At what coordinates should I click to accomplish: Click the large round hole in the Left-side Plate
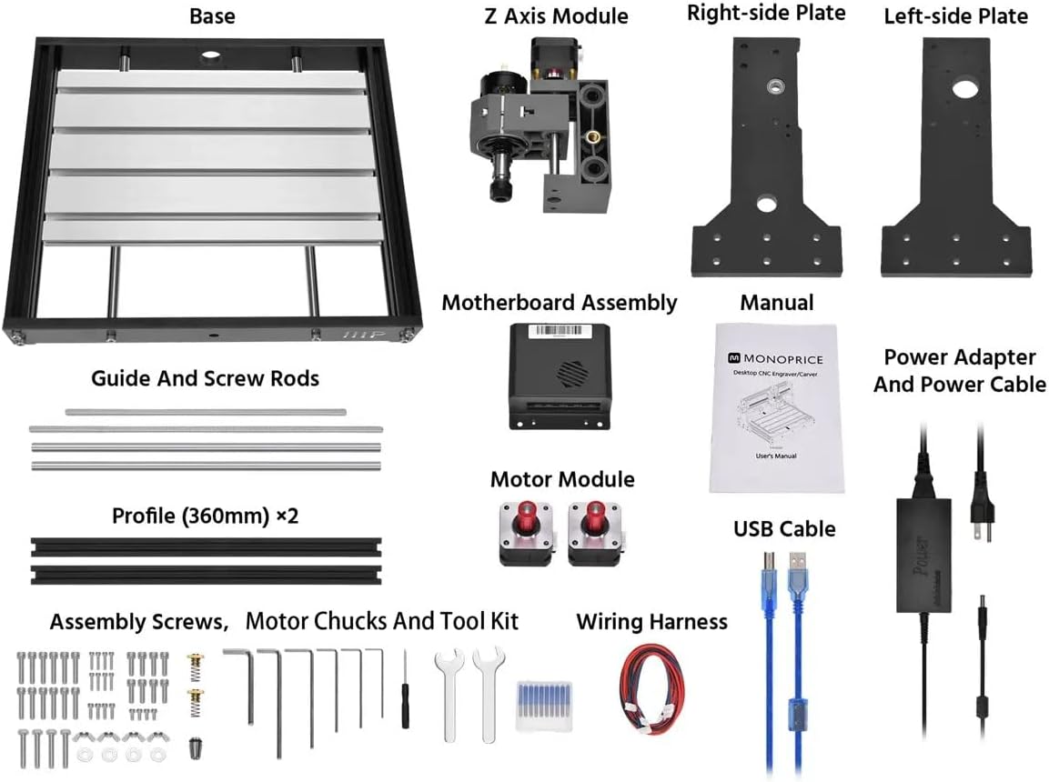[963, 90]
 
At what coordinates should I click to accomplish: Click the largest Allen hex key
[247, 682]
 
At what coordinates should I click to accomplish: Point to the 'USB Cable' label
[784, 528]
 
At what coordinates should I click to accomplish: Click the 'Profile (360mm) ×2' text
[205, 516]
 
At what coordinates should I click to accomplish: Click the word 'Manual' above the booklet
[776, 302]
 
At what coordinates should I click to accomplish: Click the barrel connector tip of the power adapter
[983, 613]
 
